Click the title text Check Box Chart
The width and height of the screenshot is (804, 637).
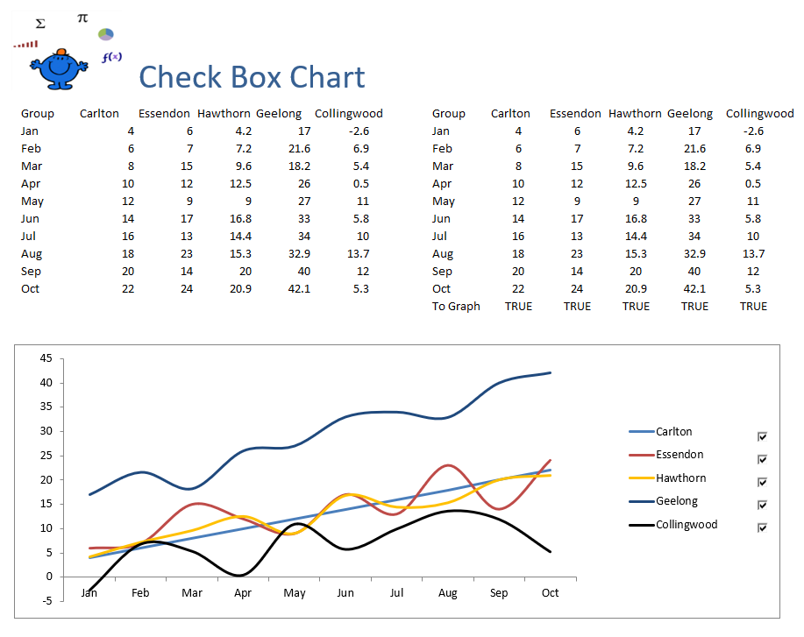(252, 77)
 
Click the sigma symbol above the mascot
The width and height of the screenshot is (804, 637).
(40, 24)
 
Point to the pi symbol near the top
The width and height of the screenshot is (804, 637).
(82, 17)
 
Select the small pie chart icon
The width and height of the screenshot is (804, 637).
(106, 34)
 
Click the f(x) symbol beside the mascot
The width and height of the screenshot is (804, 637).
(111, 57)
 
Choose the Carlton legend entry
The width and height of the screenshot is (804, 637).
(673, 431)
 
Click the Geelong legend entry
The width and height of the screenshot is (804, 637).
(676, 501)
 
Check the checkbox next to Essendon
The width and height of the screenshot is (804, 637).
(762, 459)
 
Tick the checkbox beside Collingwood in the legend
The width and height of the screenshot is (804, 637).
(762, 527)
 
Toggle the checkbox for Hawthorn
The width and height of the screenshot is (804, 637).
(762, 482)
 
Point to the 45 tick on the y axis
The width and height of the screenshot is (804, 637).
(46, 358)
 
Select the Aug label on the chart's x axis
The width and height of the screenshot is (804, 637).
(447, 593)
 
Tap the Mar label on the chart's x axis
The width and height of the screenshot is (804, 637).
(191, 593)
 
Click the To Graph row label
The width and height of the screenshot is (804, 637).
(456, 306)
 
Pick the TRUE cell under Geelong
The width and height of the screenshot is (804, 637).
(694, 306)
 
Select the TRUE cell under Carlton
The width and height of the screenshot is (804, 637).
(518, 306)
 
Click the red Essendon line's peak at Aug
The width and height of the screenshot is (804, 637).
(448, 465)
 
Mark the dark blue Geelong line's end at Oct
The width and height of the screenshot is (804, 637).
(551, 372)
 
